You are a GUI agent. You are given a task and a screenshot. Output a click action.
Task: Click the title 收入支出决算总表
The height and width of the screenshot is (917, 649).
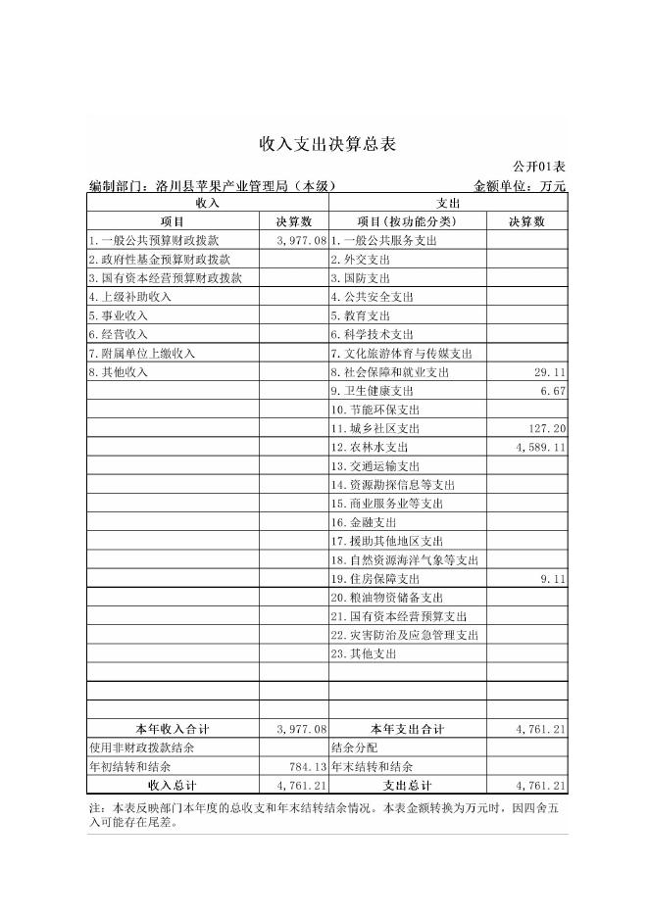tap(326, 144)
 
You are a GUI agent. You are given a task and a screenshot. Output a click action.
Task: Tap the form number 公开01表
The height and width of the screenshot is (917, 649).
tap(539, 168)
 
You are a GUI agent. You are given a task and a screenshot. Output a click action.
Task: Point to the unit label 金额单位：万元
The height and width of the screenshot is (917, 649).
tap(520, 185)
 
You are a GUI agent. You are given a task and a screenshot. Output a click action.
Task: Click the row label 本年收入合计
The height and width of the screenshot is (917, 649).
tap(173, 730)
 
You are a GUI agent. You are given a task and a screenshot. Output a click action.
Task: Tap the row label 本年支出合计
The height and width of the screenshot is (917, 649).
tap(407, 730)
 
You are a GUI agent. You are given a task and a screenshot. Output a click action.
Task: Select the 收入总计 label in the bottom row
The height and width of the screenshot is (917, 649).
tap(173, 786)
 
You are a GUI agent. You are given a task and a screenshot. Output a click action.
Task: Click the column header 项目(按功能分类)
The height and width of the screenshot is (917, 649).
tap(407, 221)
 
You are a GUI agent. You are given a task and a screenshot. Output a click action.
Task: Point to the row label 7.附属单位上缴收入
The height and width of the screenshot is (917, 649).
tap(143, 354)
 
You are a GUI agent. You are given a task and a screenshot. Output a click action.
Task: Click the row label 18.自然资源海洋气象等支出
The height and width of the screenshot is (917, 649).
tap(404, 560)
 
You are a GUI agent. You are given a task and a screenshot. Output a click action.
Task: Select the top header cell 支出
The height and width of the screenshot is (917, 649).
tap(447, 203)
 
